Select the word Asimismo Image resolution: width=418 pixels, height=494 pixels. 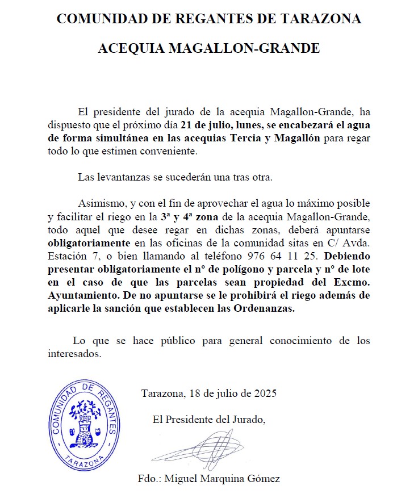click(98, 203)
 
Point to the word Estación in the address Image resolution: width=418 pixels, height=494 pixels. click(64, 256)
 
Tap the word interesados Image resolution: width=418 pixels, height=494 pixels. click(74, 354)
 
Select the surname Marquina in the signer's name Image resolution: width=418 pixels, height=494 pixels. click(222, 479)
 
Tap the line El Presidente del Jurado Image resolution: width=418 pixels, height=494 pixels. click(209, 420)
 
